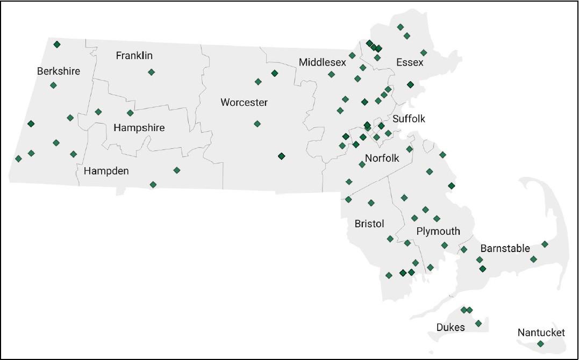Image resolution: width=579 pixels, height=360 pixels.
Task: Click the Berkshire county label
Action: [58, 71]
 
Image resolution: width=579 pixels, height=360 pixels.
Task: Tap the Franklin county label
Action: [134, 55]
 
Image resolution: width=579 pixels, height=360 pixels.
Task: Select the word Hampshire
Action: [139, 128]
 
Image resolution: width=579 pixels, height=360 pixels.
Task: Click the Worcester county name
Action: [244, 102]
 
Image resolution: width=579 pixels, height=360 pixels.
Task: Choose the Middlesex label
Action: [323, 63]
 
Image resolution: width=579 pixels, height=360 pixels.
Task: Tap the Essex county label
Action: [410, 62]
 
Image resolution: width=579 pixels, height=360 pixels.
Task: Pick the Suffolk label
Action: [409, 119]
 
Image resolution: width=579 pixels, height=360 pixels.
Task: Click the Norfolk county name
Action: [382, 158]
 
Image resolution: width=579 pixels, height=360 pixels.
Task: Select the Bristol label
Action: [369, 223]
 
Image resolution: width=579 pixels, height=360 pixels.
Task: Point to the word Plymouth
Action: [438, 231]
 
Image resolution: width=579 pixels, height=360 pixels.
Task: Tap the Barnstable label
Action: [505, 248]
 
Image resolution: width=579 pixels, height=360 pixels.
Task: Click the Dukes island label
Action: [451, 327]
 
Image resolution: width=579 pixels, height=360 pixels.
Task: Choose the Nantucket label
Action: [541, 333]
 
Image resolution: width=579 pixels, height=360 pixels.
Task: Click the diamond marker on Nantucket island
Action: [540, 344]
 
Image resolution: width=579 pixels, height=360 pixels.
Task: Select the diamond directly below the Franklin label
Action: [152, 72]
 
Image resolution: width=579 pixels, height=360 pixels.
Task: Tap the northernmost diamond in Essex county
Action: [400, 27]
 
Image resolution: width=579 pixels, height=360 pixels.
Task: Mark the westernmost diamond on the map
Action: [18, 159]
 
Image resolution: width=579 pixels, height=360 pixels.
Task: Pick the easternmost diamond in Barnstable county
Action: [545, 244]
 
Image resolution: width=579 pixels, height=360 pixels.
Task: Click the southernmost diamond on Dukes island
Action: [478, 323]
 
